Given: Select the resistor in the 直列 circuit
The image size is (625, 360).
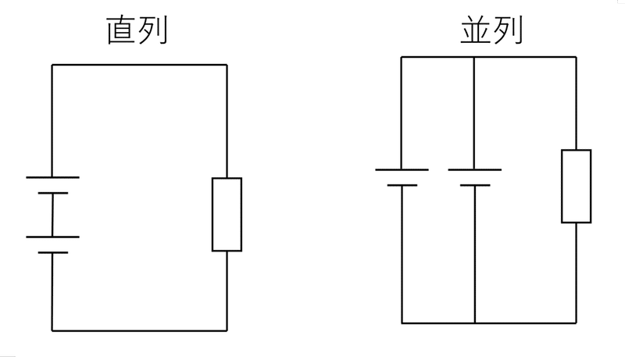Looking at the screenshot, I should click(x=227, y=214).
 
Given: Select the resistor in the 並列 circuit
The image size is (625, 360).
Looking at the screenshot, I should click(x=576, y=186).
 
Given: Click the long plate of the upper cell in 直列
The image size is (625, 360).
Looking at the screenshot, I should click(x=52, y=177).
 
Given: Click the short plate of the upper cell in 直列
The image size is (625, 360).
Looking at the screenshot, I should click(x=52, y=192).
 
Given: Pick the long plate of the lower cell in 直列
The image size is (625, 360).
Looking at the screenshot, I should click(x=52, y=237).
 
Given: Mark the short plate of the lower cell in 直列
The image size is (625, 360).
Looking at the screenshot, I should click(x=52, y=252).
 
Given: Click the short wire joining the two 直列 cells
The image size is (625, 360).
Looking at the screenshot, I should click(x=52, y=214).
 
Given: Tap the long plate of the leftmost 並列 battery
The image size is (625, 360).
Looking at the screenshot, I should click(x=402, y=169).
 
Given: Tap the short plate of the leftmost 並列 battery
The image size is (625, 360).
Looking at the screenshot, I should click(x=402, y=185).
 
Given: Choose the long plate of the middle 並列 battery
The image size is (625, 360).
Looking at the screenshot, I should click(x=475, y=169).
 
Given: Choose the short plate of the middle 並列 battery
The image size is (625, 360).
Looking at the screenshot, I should click(x=475, y=185).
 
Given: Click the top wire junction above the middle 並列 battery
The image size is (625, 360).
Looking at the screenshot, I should click(x=475, y=57).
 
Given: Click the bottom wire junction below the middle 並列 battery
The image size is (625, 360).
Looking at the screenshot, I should click(x=475, y=323).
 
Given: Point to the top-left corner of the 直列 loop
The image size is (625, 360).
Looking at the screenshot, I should click(x=52, y=65).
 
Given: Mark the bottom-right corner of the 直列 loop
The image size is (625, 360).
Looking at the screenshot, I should click(x=227, y=330).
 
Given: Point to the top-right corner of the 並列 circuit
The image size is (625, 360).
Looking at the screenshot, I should click(x=576, y=57).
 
